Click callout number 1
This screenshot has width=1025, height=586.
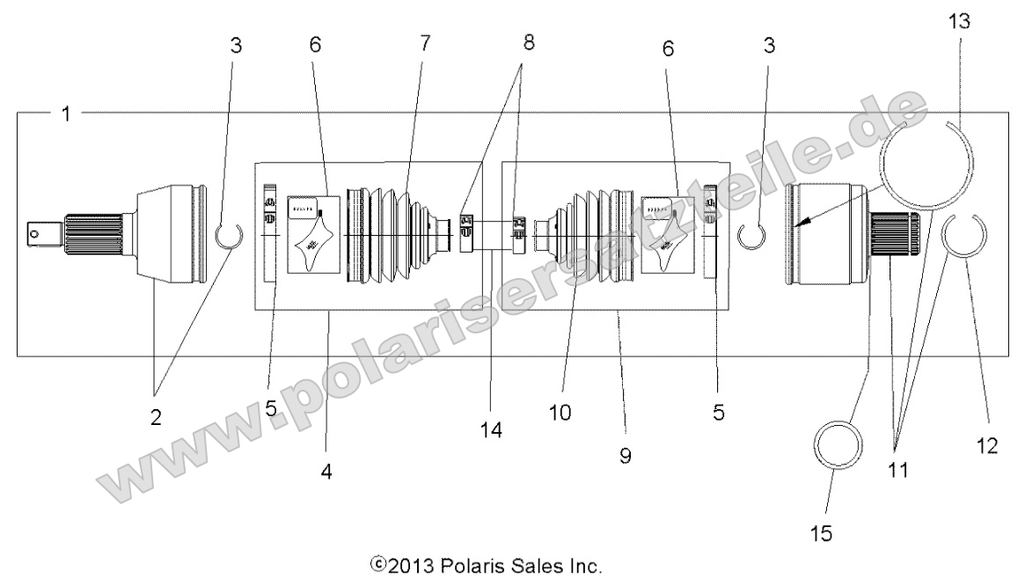65,114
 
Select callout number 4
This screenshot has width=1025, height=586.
326,471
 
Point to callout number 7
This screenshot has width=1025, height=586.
426,43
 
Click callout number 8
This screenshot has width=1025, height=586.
528,44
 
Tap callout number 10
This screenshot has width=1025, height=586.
561,411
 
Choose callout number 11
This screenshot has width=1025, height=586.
897,471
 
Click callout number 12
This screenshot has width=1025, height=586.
986,446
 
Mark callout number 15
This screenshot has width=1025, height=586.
822,533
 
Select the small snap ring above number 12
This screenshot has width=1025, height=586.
965,233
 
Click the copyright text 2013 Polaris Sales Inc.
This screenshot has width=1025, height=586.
487,564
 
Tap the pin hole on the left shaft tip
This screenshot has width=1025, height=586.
35,233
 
